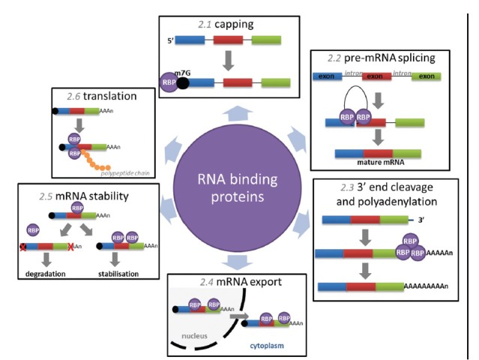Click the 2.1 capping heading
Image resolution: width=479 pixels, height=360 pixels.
[224, 25]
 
